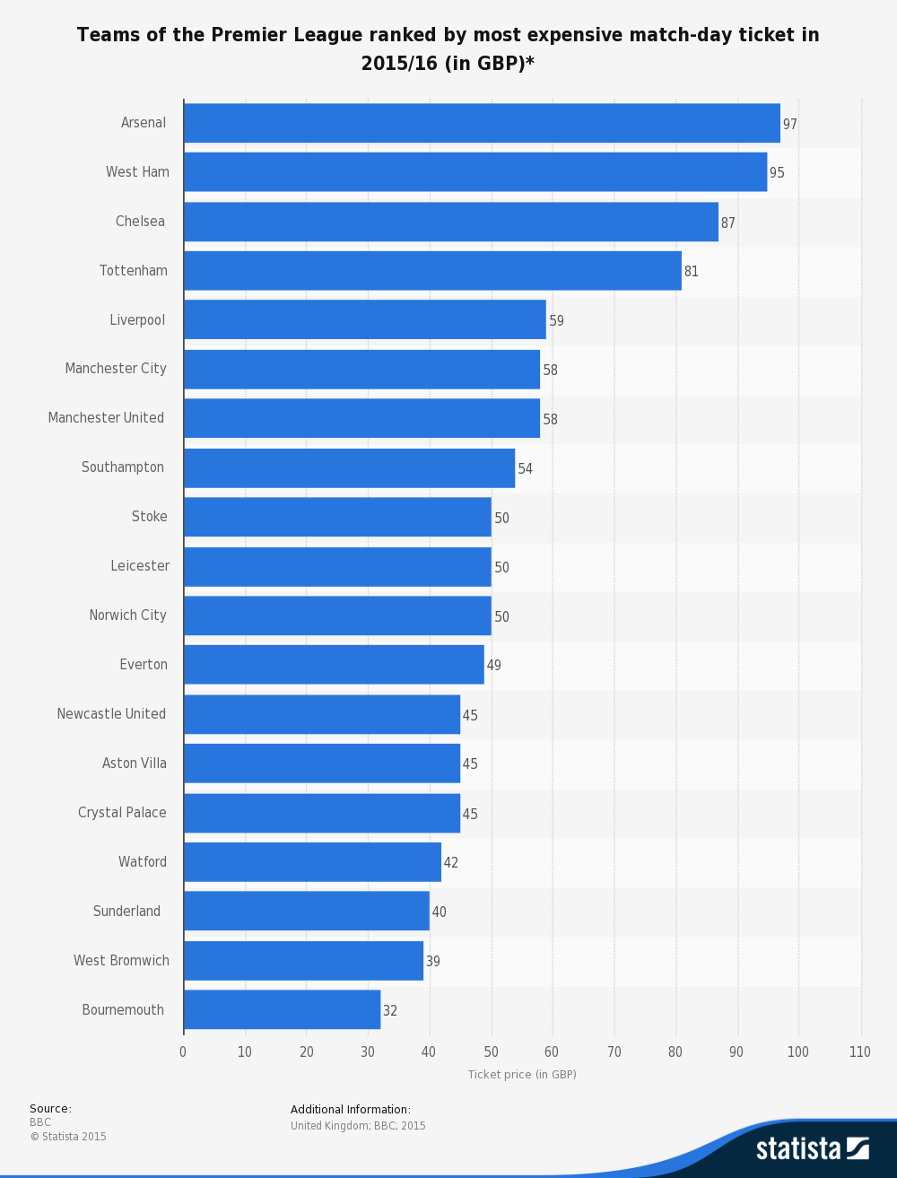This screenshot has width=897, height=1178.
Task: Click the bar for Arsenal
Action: click(x=482, y=123)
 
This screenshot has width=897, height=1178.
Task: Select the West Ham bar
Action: click(x=475, y=172)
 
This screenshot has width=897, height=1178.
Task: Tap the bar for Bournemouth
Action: click(x=282, y=1010)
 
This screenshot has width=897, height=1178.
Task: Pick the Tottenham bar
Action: click(x=432, y=271)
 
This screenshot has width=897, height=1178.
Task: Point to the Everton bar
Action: click(x=334, y=665)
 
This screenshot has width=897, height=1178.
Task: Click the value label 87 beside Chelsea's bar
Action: click(x=727, y=223)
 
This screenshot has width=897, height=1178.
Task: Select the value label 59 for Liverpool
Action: click(x=556, y=321)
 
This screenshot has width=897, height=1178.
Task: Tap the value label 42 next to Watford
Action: click(x=450, y=863)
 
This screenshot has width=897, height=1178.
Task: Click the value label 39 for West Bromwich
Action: click(x=432, y=962)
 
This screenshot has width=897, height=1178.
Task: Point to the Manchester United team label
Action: click(x=106, y=418)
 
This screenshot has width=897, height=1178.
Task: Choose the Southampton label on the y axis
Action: click(x=123, y=467)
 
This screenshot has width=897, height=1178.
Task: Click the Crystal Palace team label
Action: click(x=122, y=813)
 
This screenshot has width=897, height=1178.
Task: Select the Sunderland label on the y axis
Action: click(x=126, y=912)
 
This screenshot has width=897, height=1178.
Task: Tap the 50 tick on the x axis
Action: click(x=491, y=1052)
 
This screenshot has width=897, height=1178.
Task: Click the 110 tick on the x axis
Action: click(x=859, y=1052)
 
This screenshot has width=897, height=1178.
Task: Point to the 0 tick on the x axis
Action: click(x=183, y=1052)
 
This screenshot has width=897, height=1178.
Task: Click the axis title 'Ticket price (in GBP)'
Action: click(x=522, y=1075)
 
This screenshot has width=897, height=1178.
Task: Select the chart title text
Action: click(x=448, y=48)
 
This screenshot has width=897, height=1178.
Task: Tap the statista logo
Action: click(x=812, y=1148)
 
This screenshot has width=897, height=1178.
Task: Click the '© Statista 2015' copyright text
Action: click(x=68, y=1137)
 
